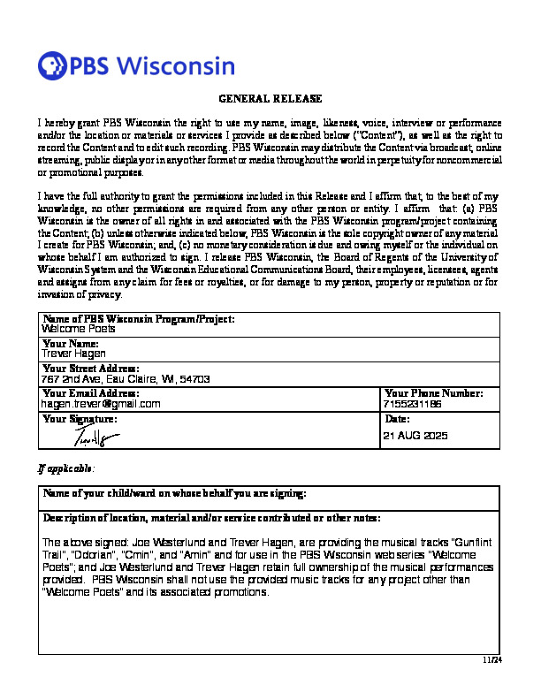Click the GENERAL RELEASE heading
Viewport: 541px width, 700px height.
[270, 98]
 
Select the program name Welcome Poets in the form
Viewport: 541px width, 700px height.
[79, 328]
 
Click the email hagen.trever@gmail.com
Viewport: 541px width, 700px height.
[101, 403]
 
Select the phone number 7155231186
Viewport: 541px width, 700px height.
[414, 403]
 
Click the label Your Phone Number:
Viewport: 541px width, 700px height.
[434, 392]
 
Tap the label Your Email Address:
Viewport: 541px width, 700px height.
[90, 392]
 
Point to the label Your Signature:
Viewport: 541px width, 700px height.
[80, 417]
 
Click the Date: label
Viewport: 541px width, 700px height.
[398, 417]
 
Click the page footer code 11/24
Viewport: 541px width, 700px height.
[492, 659]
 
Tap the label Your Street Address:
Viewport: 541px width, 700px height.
[90, 368]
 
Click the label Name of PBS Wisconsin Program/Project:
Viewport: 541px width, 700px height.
[138, 318]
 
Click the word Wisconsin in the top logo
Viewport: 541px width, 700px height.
[176, 66]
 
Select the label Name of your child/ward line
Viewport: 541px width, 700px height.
[175, 492]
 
